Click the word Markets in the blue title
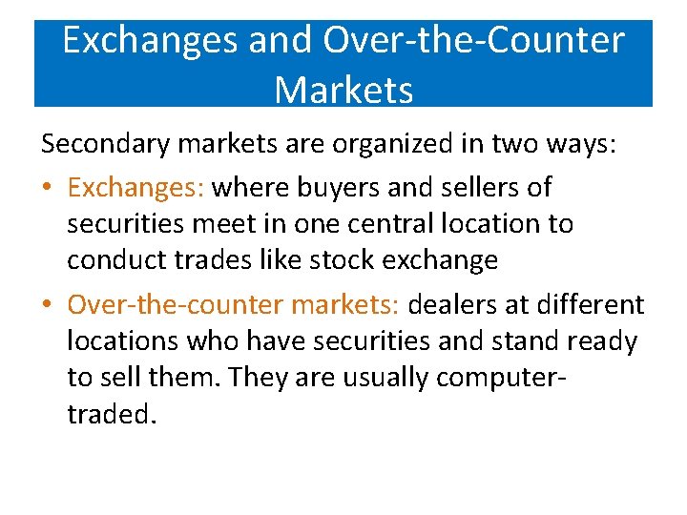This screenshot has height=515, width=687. click(x=343, y=90)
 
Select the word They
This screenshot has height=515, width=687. click(x=257, y=378)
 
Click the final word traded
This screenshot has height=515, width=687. click(x=110, y=414)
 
